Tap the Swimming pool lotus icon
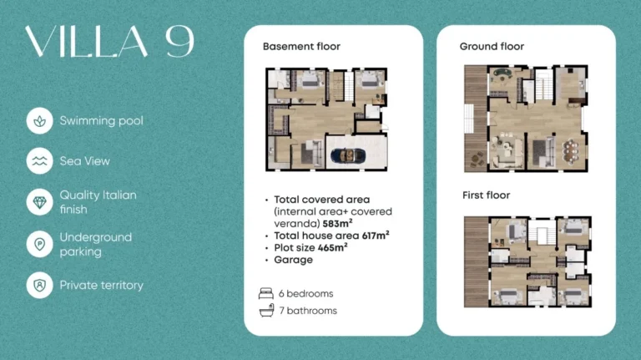pyautogui.click(x=40, y=121)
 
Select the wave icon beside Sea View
pyautogui.click(x=40, y=161)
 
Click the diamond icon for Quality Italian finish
pyautogui.click(x=40, y=202)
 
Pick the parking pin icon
pyautogui.click(x=40, y=244)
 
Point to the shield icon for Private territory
pyautogui.click(x=40, y=285)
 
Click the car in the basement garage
pyautogui.click(x=348, y=155)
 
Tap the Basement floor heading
pyautogui.click(x=301, y=47)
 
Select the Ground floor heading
pyautogui.click(x=492, y=47)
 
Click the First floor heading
pyautogui.click(x=486, y=195)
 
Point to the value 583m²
pyautogui.click(x=337, y=223)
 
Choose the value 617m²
pyautogui.click(x=376, y=236)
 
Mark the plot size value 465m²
pyautogui.click(x=334, y=247)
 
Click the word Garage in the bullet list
pyautogui.click(x=294, y=260)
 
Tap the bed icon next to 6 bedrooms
pyautogui.click(x=266, y=293)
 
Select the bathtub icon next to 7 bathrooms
pyautogui.click(x=266, y=311)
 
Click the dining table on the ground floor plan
pyautogui.click(x=570, y=150)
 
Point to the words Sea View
pyautogui.click(x=84, y=161)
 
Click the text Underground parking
pyautogui.click(x=96, y=244)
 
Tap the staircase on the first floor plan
pyautogui.click(x=542, y=233)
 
